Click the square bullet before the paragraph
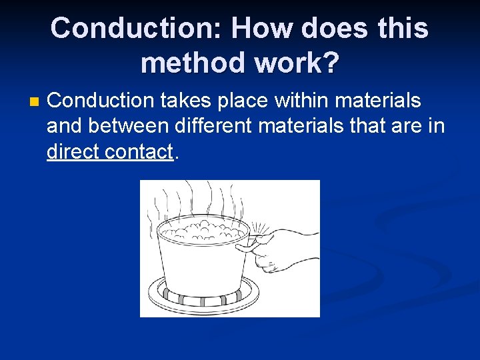pos(35,102)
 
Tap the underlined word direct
pos(73,151)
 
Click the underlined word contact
pos(139,151)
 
